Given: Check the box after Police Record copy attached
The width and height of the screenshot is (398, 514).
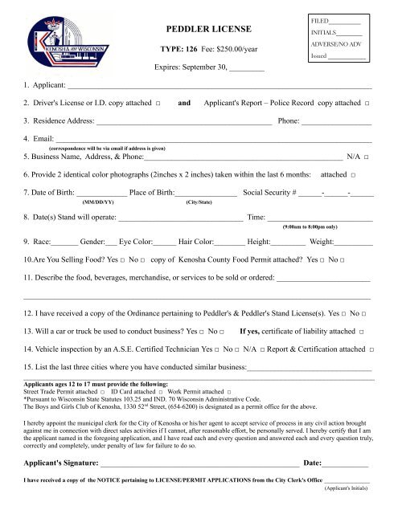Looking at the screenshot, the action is [367, 104].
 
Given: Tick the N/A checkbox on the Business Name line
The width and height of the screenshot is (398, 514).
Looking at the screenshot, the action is [367, 157].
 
